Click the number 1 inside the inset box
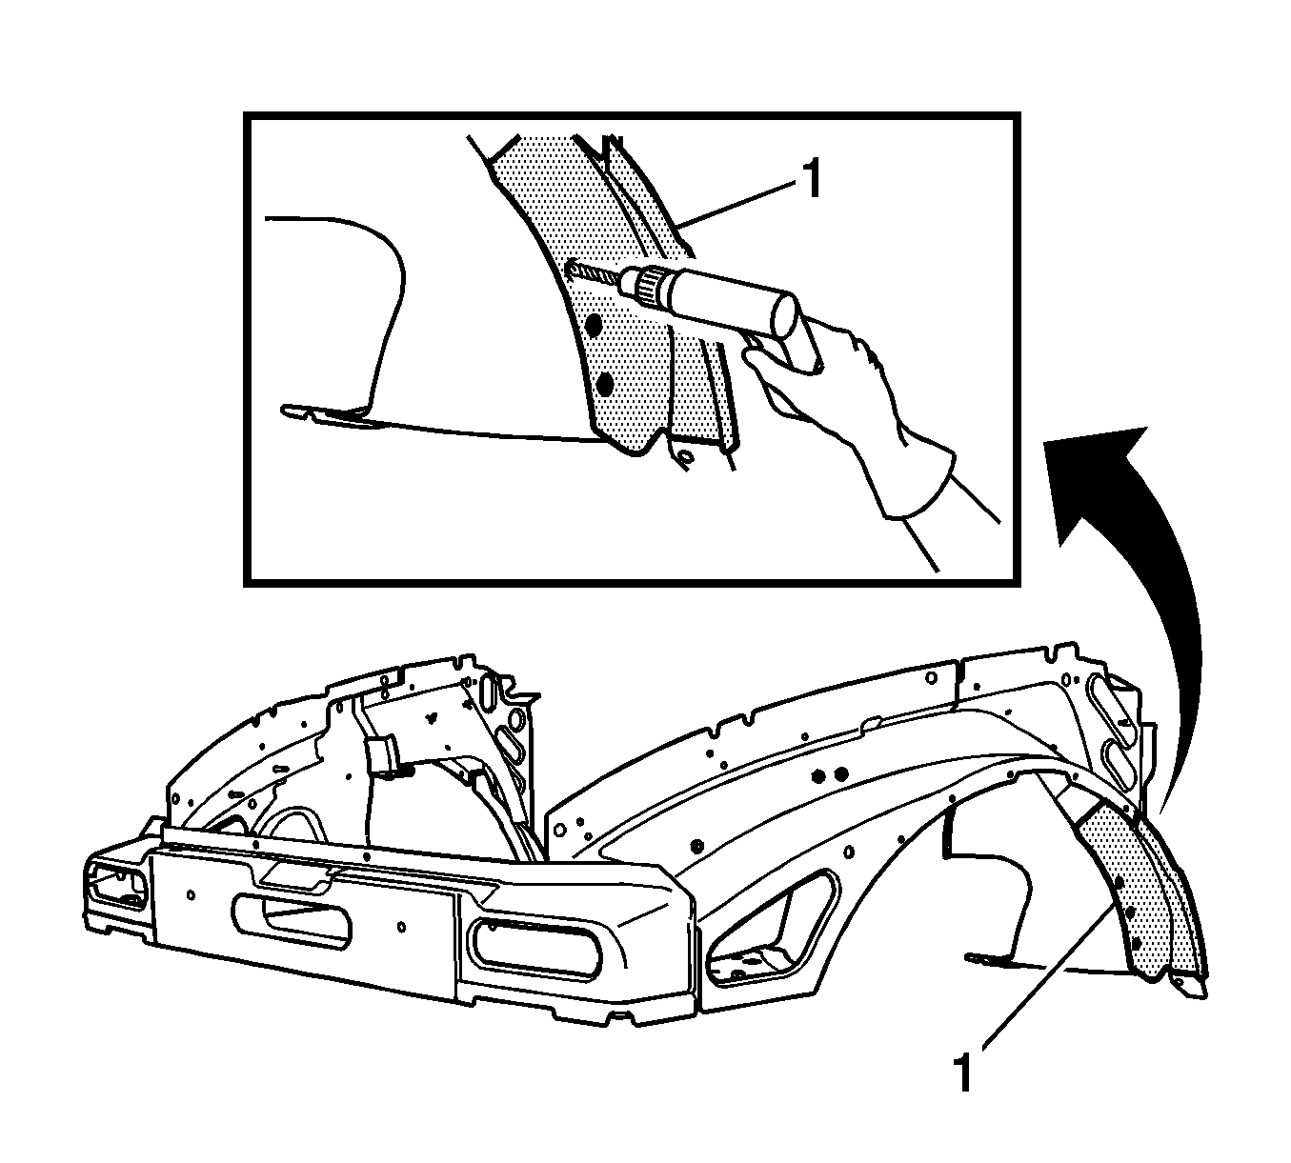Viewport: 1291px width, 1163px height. (812, 179)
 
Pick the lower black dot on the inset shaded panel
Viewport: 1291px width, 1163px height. (604, 385)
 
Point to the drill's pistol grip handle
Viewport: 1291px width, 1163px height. (795, 351)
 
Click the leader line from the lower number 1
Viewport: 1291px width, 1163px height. (1048, 977)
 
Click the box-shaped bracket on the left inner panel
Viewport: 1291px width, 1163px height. (382, 757)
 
